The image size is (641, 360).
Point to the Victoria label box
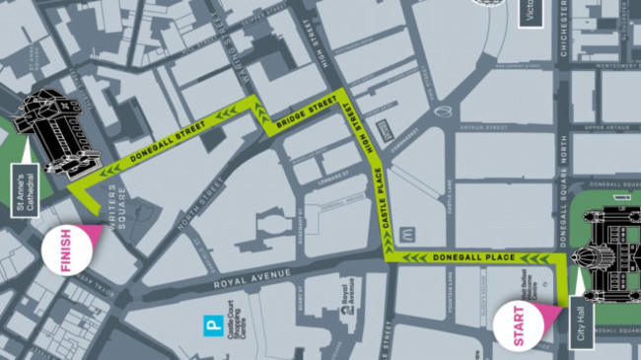point(530,14)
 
